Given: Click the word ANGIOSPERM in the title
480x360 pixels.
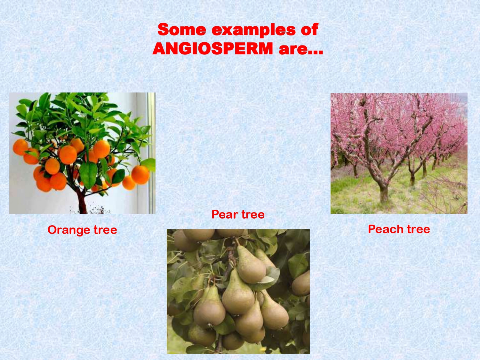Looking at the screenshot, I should click(213, 49).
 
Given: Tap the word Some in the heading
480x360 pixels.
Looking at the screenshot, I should click(182, 30).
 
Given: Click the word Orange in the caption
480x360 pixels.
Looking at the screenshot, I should click(68, 230).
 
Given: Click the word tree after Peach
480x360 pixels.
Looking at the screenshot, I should click(418, 229).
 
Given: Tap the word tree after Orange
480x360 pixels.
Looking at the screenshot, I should click(105, 230).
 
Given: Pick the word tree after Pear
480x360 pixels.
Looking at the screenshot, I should click(253, 214).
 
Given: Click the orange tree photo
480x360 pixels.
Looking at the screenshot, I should click(82, 153).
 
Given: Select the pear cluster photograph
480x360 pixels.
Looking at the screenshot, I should click(238, 291).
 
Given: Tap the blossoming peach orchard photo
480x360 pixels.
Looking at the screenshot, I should click(399, 153).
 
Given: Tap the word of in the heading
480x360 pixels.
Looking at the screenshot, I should click(309, 30).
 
